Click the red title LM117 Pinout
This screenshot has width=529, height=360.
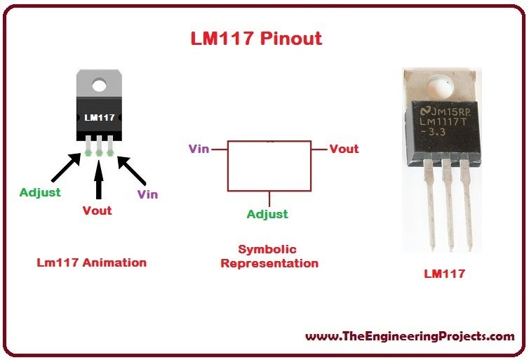click(256, 39)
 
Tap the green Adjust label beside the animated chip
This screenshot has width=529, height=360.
click(40, 193)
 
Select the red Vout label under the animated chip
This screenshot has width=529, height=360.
click(97, 211)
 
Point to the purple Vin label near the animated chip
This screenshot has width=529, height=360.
click(148, 194)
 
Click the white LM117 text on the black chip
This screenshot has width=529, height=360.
click(100, 117)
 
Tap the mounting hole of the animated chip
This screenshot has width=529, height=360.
click(99, 86)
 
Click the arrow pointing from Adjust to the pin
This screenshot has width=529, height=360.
click(66, 167)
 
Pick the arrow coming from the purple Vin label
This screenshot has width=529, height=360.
click(132, 171)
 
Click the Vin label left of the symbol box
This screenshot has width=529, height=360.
click(199, 149)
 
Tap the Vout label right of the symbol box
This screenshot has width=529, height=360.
click(344, 149)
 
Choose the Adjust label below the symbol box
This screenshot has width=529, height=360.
click(267, 214)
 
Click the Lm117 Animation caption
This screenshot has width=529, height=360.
click(92, 262)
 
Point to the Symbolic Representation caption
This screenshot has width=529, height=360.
click(269, 256)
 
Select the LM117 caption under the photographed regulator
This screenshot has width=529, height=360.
click(445, 274)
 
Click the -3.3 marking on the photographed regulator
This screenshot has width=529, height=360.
click(433, 132)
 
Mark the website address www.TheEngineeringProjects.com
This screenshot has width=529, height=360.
click(410, 337)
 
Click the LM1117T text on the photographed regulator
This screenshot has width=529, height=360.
click(443, 121)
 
